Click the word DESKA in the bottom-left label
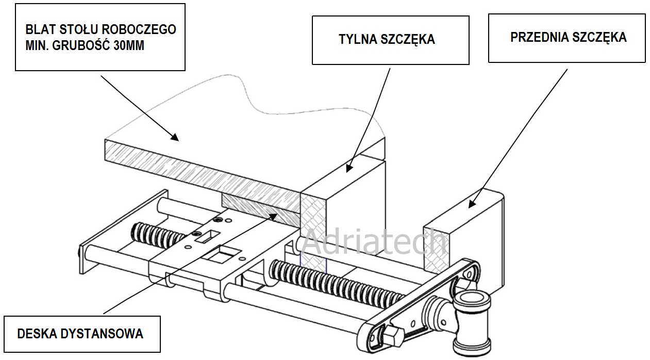34,334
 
